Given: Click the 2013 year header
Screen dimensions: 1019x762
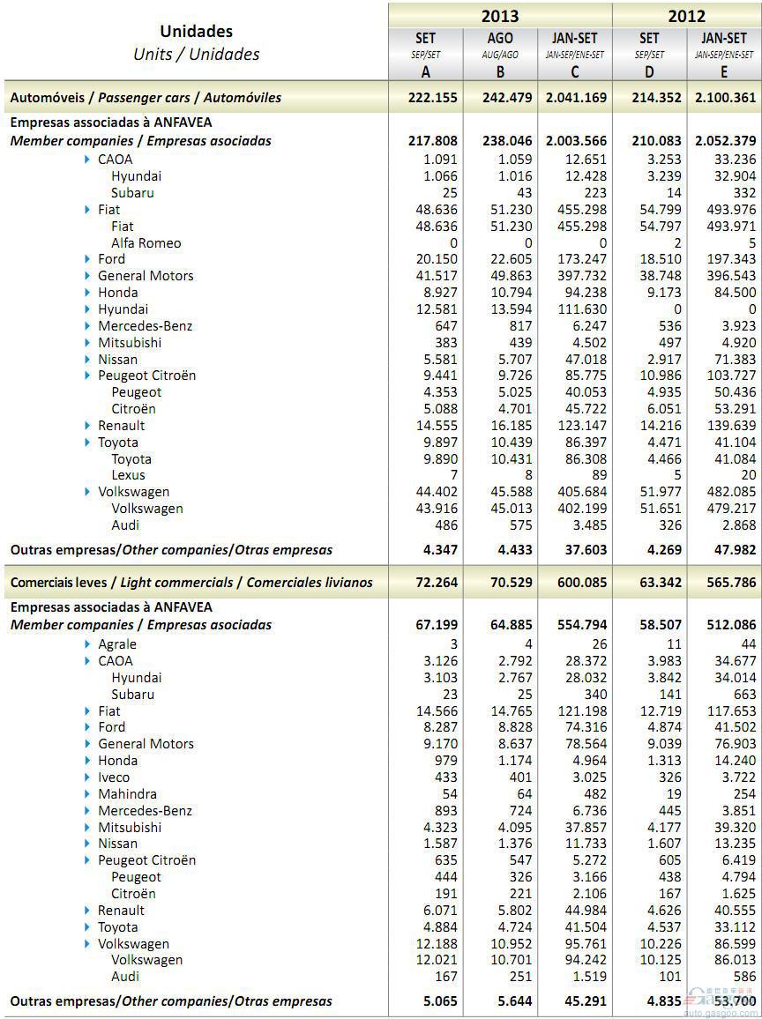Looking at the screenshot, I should click(x=499, y=16).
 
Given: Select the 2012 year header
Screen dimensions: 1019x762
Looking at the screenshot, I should click(x=686, y=16).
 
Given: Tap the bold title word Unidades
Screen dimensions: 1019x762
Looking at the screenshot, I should click(x=196, y=32).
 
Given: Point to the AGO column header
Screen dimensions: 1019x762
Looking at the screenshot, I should click(x=500, y=38).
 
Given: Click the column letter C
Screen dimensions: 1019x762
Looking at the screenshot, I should click(x=575, y=72).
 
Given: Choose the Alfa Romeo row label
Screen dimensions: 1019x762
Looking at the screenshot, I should click(x=146, y=243).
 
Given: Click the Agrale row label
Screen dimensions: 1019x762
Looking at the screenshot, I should click(x=117, y=644).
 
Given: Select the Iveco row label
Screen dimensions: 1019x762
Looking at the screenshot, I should click(x=114, y=777).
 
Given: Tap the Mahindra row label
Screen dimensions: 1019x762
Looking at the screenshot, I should click(x=127, y=794).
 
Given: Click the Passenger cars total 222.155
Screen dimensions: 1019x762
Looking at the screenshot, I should click(x=433, y=98).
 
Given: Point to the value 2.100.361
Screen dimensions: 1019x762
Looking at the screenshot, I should click(x=724, y=98).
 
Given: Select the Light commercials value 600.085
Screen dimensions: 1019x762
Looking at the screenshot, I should click(x=577, y=583).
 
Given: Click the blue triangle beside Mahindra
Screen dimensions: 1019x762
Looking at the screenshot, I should click(x=88, y=794).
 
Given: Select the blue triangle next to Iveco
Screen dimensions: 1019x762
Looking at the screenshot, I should click(x=88, y=777).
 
